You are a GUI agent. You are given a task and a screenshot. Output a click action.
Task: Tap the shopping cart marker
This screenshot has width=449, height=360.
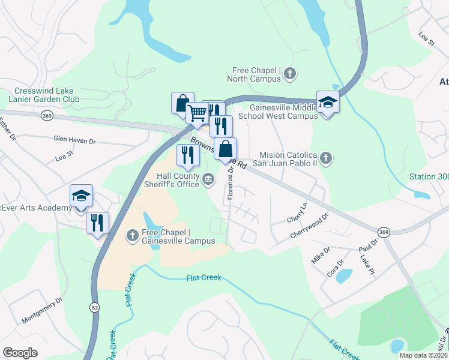tap(197, 112)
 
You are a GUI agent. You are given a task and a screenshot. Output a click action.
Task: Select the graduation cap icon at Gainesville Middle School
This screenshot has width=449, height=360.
tap(328, 103)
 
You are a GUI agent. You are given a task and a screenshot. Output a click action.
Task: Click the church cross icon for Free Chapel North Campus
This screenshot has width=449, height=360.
tap(290, 74)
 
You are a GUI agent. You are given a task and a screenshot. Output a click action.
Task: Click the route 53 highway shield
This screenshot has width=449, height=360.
tap(95, 308)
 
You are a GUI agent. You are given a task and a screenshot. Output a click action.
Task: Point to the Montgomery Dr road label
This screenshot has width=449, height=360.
tap(42, 310)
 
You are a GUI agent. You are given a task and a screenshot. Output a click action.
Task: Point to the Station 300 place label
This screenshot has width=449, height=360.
tap(429, 177)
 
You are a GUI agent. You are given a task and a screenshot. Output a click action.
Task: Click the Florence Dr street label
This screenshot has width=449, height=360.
tap(231, 183)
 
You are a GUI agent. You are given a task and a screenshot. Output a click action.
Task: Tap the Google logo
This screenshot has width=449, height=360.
tap(20, 353)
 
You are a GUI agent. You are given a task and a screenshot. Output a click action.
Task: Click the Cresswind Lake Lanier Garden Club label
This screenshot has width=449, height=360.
tap(41, 95)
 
